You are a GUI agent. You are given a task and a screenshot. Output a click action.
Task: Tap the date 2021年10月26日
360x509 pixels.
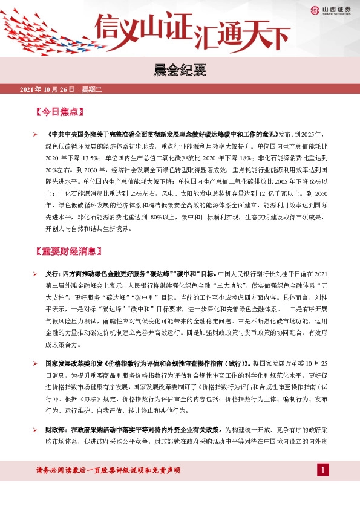pyautogui.click(x=47, y=89)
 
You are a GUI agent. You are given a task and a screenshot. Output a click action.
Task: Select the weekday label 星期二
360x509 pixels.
pyautogui.click(x=93, y=89)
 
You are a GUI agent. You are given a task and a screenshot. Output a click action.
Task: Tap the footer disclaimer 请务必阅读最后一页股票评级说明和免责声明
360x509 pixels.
pyautogui.click(x=109, y=470)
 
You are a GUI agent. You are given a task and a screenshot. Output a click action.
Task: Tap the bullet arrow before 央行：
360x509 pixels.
pyautogui.click(x=34, y=273)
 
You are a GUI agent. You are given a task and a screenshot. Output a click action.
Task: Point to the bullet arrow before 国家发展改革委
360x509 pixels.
pyautogui.click(x=34, y=365)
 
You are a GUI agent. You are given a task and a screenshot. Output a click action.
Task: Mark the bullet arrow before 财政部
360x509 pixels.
pyautogui.click(x=34, y=429)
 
